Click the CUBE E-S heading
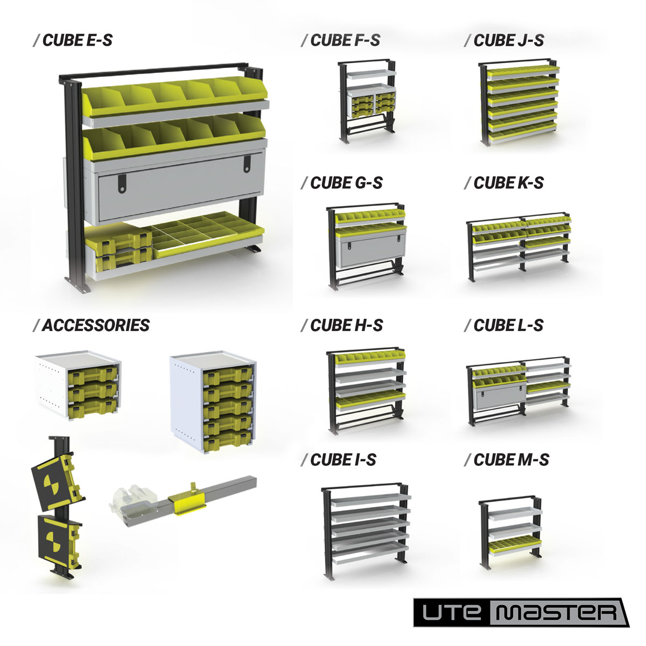pos(73,40)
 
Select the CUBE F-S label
pos(341,40)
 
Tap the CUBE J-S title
pos(504,40)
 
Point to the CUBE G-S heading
pos(342,183)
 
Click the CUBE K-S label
pos(504,183)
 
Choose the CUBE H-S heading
pos(342,325)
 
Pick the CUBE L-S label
pos(504,325)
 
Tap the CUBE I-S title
pos(339,460)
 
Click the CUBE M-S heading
pos(507,460)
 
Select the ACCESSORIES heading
pos(91,325)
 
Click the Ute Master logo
pos(521,612)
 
